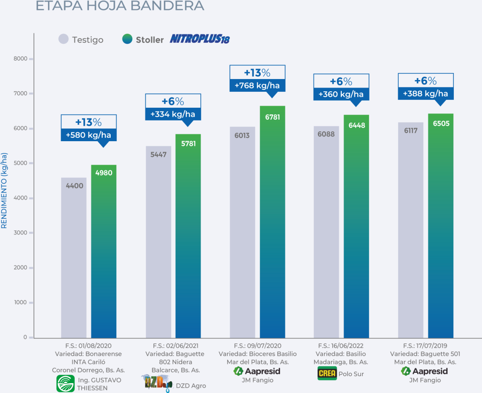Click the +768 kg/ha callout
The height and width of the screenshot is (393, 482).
coord(257,86)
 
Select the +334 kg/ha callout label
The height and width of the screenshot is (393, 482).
coord(173,114)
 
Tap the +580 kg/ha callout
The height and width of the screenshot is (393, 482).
coord(88,135)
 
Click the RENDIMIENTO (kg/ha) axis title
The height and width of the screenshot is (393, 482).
coord(4,191)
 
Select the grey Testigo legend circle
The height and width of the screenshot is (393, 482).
coord(64,40)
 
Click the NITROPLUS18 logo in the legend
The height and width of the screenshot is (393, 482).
coord(200,39)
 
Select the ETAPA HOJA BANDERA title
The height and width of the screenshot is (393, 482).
coord(120,6)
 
